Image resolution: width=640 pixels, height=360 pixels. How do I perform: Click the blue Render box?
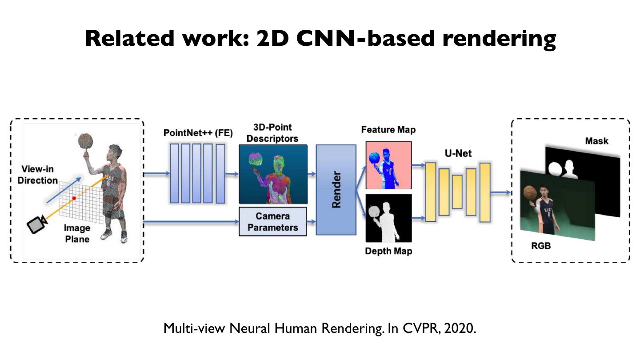pos(336,190)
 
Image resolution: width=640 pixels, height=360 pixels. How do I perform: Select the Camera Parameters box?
pos(273,222)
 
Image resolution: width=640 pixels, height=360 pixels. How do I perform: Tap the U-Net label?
pos(458,154)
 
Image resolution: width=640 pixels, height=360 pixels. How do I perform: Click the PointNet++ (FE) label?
pos(198,132)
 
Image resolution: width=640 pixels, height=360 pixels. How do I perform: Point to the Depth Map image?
pos(388,218)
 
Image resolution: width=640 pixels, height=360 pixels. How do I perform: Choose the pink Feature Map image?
pos(388,165)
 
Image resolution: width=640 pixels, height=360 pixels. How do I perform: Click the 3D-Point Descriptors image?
pos(273,174)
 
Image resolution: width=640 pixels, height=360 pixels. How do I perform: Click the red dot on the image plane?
pos(74,198)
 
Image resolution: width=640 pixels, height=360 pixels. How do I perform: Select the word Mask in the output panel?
pos(596,141)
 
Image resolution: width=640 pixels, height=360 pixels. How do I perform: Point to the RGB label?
pos(541,245)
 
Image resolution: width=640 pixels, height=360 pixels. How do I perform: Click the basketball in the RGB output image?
pos(530,192)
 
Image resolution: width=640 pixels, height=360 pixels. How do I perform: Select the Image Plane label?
pos(77,234)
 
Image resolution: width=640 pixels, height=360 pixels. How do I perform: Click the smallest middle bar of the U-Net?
pos(457,192)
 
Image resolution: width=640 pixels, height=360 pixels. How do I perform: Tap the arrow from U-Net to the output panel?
pos(500,192)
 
